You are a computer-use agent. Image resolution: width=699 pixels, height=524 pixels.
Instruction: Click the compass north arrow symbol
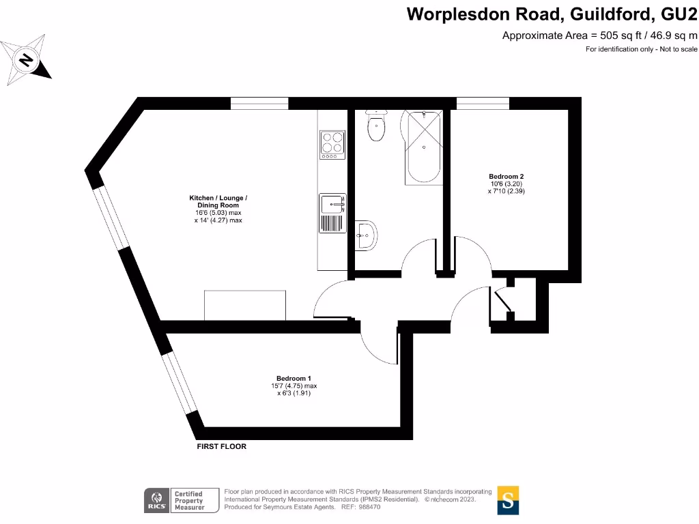pos(27,60)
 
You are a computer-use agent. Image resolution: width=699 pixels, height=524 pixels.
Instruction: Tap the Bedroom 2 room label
pos(506,176)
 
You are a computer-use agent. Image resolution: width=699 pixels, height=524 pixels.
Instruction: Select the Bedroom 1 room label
pos(294,378)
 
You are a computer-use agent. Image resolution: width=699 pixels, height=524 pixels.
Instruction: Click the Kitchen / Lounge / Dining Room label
pos(218,201)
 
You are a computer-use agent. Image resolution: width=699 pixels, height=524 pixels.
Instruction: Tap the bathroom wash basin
pos(366,235)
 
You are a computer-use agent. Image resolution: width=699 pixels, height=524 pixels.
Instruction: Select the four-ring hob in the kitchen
pos(332,145)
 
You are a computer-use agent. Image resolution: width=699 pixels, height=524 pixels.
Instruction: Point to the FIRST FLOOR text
pos(221,446)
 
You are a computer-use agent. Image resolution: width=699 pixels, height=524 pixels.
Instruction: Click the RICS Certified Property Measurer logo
pos(174,500)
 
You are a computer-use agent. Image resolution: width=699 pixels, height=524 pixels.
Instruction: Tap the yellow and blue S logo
pos(508,499)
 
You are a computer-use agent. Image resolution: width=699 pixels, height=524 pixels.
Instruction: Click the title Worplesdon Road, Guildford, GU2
pos(552,14)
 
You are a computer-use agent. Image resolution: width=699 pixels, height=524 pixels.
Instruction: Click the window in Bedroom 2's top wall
pos(483,103)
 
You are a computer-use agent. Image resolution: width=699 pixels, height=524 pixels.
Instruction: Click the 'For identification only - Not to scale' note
pos(641,49)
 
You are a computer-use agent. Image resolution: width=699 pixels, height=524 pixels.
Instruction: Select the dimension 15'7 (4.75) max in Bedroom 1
pos(294,385)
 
